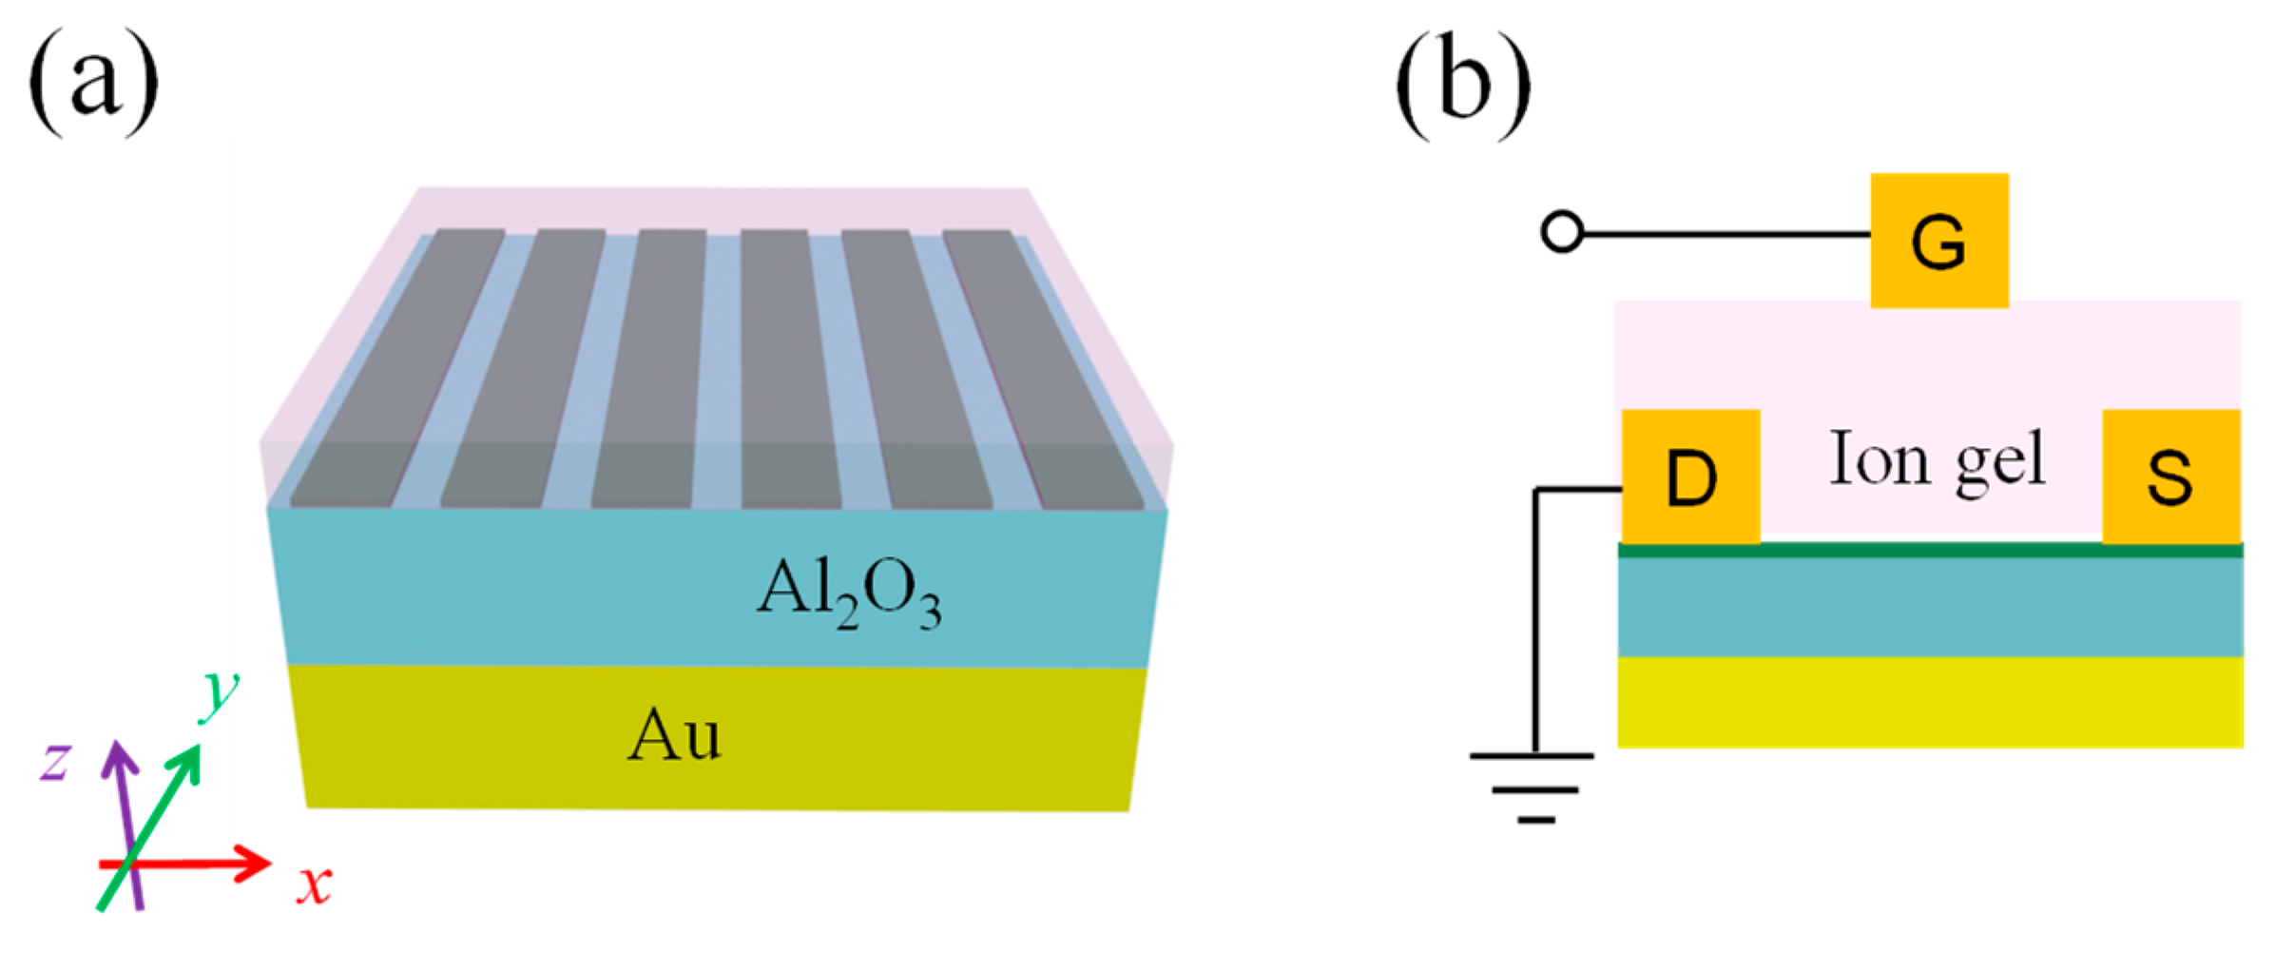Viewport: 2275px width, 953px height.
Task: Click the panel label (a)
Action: (93, 84)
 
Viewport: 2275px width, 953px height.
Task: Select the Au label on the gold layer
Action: (674, 735)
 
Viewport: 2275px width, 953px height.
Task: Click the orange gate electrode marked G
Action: (1938, 241)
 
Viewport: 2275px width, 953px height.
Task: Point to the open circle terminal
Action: (1561, 232)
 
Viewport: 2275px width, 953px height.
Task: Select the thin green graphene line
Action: (1930, 550)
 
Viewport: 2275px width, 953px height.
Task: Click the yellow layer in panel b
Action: (1930, 702)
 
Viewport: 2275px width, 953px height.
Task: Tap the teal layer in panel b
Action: (1930, 607)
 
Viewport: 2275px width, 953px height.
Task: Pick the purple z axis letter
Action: (54, 762)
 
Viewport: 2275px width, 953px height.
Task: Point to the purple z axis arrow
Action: (124, 799)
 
